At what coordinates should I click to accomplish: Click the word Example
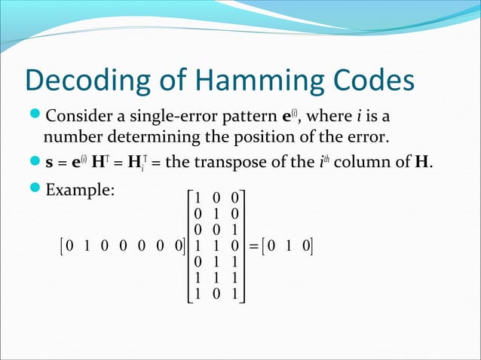[80, 191]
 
